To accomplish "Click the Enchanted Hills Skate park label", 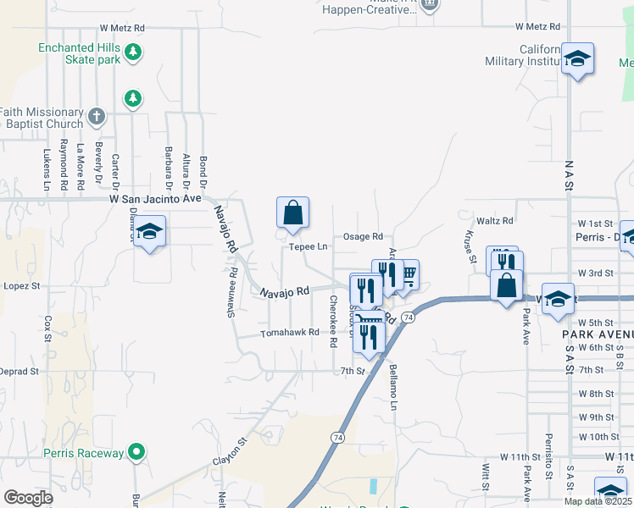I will [x=78, y=54].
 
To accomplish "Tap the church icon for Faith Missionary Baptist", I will [x=97, y=115].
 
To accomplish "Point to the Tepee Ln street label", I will [x=308, y=247].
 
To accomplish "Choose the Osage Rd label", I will [x=363, y=237].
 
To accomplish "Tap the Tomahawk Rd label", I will [x=289, y=333].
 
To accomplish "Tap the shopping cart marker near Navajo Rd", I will [x=407, y=274].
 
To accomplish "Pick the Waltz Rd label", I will [x=495, y=221].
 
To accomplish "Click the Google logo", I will [x=28, y=498].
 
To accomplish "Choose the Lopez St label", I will [x=24, y=287].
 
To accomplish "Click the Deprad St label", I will [x=20, y=372].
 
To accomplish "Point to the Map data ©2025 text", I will [x=597, y=501].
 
